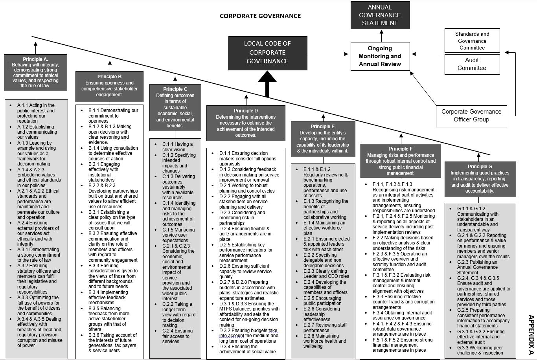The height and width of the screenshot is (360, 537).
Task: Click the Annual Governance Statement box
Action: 380,15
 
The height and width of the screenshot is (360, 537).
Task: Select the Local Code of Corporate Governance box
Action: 268,53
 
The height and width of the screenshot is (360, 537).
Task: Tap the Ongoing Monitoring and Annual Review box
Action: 380,56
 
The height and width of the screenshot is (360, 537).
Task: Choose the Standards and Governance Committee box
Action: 472,40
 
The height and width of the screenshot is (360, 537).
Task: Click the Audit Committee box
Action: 472,64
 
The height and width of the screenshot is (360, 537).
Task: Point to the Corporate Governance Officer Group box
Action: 471,116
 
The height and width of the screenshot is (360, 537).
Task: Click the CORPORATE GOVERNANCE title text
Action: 260,16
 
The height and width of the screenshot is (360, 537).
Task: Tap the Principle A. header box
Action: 35,72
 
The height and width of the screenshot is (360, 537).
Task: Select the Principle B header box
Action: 109,86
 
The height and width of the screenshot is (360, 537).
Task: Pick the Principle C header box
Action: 175,107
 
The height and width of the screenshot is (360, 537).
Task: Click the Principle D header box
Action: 246,123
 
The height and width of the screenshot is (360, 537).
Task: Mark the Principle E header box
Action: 323,138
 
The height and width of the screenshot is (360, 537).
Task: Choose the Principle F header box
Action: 401,160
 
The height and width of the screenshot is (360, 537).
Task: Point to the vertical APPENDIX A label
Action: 531,336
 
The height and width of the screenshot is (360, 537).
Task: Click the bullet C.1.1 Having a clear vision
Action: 178,147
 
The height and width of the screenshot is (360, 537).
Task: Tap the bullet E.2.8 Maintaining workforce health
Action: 324,341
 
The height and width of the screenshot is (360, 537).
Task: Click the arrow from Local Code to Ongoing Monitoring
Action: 328,54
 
